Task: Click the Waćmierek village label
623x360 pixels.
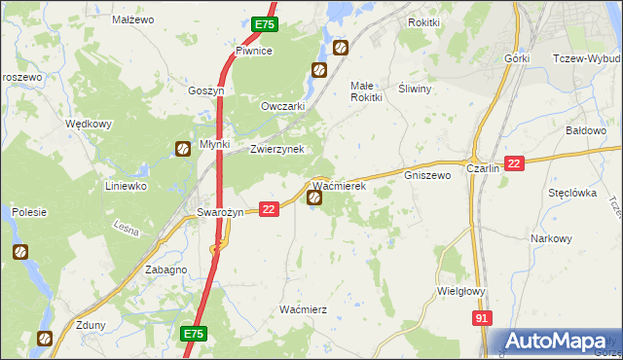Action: point(338,185)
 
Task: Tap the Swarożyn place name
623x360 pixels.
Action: point(219,212)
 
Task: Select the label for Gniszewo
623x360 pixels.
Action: point(427,176)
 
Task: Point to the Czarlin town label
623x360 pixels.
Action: point(483,167)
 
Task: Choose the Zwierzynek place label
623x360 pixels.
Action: point(277,149)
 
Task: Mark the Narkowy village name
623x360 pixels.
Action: point(551,238)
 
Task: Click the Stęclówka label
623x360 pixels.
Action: point(571,193)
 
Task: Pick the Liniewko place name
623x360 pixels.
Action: point(125,185)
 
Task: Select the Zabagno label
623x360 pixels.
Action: point(165,270)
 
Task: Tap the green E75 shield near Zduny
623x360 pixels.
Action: point(193,333)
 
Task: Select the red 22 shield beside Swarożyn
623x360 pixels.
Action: point(270,208)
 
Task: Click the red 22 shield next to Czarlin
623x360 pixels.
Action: point(515,164)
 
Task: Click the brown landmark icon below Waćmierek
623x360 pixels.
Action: point(315,198)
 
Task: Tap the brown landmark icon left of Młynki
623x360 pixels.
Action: point(182,149)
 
